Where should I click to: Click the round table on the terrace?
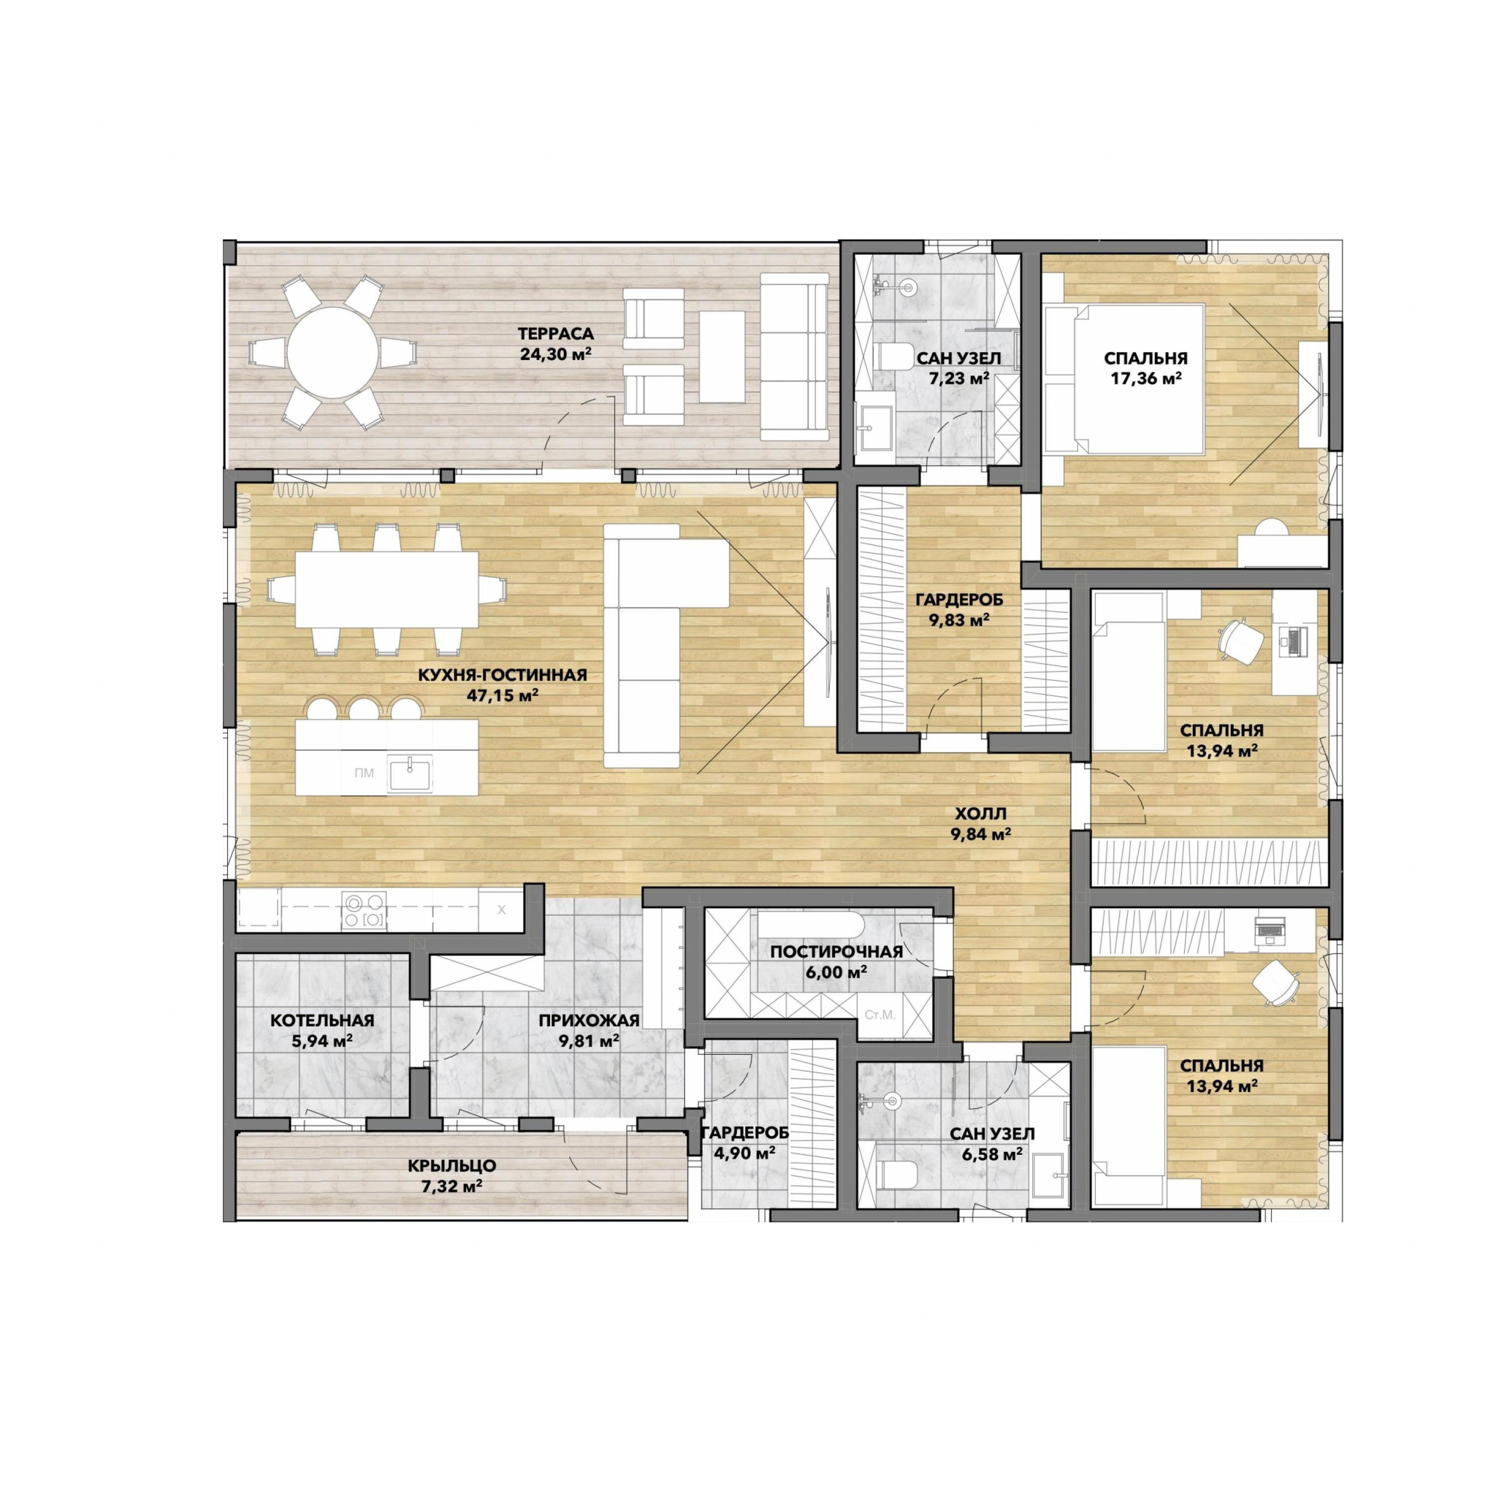pos(333,353)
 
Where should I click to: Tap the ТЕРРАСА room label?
pos(555,335)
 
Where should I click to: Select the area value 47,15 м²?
pos(503,695)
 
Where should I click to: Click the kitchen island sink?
pos(411,772)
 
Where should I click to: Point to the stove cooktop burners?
pos(365,911)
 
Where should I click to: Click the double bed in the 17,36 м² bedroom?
pos(1123,378)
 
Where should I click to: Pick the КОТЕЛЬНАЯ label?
pos(322,1020)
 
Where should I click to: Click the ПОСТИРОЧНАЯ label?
pos(836,952)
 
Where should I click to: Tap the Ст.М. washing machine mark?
pos(879,1015)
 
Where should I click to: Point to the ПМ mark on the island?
pos(364,772)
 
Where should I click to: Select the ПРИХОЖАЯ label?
pos(589,1020)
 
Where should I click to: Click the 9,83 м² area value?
pos(958,619)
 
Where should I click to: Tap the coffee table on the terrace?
pos(722,356)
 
